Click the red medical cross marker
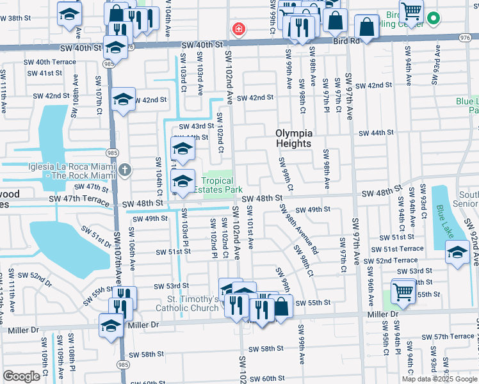238,29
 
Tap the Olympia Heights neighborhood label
294,138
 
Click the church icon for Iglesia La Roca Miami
125,170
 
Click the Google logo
22,376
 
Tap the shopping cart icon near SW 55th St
403,291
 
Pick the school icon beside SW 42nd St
123,100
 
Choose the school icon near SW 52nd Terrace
457,252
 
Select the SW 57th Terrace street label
450,336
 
